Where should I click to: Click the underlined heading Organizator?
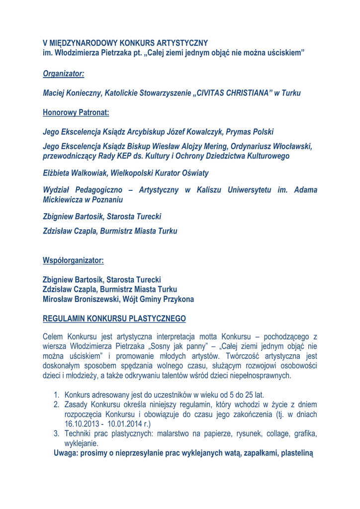(63, 73)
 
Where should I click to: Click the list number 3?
(57, 434)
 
